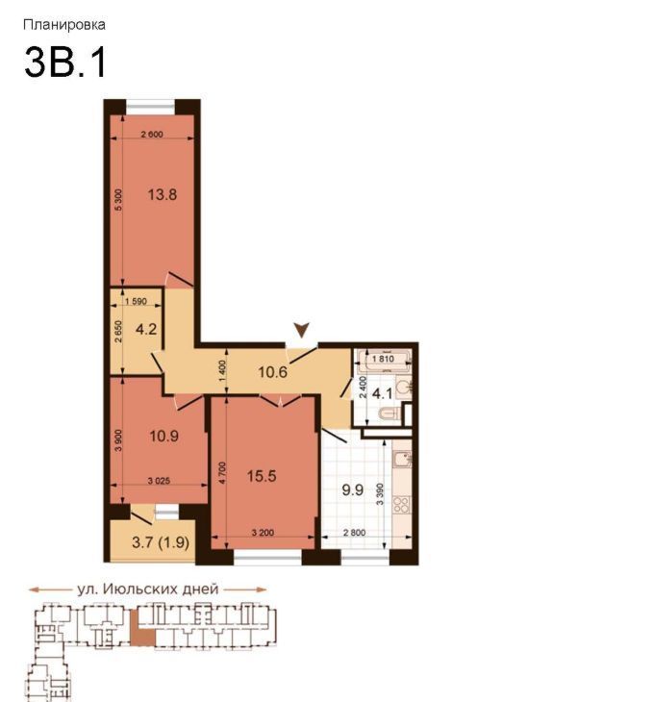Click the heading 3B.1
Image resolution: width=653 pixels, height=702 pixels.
click(65, 62)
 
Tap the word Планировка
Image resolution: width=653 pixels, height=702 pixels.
click(64, 24)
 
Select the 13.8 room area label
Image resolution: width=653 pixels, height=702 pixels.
click(163, 195)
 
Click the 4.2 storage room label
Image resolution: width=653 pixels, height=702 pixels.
click(146, 330)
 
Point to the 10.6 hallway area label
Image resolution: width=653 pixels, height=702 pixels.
click(272, 371)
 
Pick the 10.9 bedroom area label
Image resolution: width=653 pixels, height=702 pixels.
click(163, 436)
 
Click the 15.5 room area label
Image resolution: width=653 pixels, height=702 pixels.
click(262, 476)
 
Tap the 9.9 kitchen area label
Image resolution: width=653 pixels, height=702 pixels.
click(353, 489)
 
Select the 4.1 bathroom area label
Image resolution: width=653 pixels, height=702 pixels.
click(383, 394)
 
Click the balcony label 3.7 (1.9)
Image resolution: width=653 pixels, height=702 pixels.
click(161, 542)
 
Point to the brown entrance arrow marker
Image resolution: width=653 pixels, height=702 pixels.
click(302, 330)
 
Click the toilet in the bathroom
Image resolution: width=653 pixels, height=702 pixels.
click(389, 414)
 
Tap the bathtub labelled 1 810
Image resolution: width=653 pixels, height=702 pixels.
click(384, 359)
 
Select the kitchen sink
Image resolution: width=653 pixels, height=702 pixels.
click(402, 460)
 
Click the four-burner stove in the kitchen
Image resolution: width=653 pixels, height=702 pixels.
click(401, 505)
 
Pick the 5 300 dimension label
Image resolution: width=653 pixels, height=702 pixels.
click(118, 200)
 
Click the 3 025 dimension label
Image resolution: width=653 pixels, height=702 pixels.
click(159, 481)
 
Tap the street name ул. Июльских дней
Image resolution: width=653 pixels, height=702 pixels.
click(147, 589)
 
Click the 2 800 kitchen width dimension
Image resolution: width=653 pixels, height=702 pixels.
click(354, 533)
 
